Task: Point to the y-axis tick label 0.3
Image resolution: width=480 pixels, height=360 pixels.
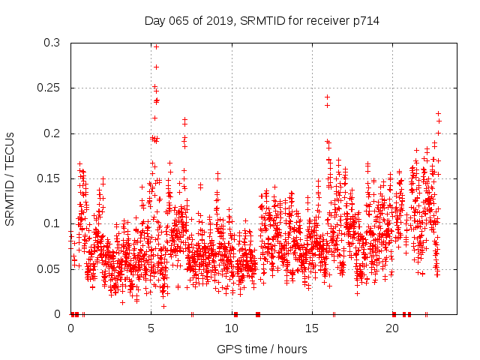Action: click(52, 43)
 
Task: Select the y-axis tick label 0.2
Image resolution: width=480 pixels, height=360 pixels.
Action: click(52, 133)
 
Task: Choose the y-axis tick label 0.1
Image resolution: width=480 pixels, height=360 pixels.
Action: click(52, 223)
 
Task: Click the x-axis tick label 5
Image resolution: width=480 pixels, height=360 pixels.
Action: click(151, 328)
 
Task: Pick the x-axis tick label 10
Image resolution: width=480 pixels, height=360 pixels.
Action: click(232, 328)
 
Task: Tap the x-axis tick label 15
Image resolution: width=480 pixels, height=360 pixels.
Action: click(312, 328)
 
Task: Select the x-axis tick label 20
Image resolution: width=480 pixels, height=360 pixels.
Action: click(392, 328)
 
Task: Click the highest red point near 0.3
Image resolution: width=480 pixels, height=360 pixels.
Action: click(156, 46)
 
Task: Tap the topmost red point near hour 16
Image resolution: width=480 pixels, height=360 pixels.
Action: click(327, 97)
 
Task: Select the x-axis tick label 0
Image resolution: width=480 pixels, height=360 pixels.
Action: click(71, 328)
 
